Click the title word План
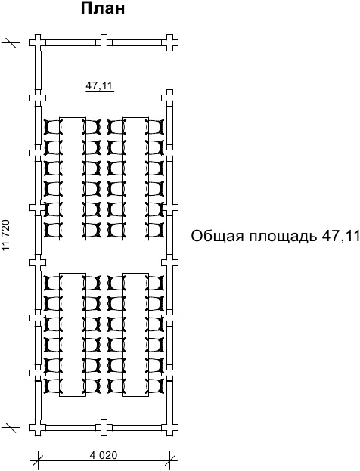pyautogui.click(x=103, y=9)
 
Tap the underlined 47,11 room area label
pyautogui.click(x=99, y=86)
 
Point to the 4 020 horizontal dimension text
pyautogui.click(x=104, y=455)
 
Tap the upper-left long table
pyautogui.click(x=73, y=178)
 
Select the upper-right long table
pyautogui.click(x=135, y=178)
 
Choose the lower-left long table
pyautogui.click(x=73, y=335)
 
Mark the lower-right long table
pyautogui.click(x=135, y=335)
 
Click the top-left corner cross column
pyautogui.click(x=38, y=42)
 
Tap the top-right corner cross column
pyautogui.click(x=169, y=42)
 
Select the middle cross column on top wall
pyautogui.click(x=104, y=42)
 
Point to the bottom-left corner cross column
pyautogui.click(x=38, y=427)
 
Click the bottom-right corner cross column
pyautogui.click(x=169, y=427)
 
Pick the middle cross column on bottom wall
pyautogui.click(x=104, y=427)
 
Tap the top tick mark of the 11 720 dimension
pyautogui.click(x=11, y=42)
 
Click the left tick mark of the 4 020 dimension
pyautogui.click(x=38, y=460)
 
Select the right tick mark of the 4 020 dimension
pyautogui.click(x=169, y=460)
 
